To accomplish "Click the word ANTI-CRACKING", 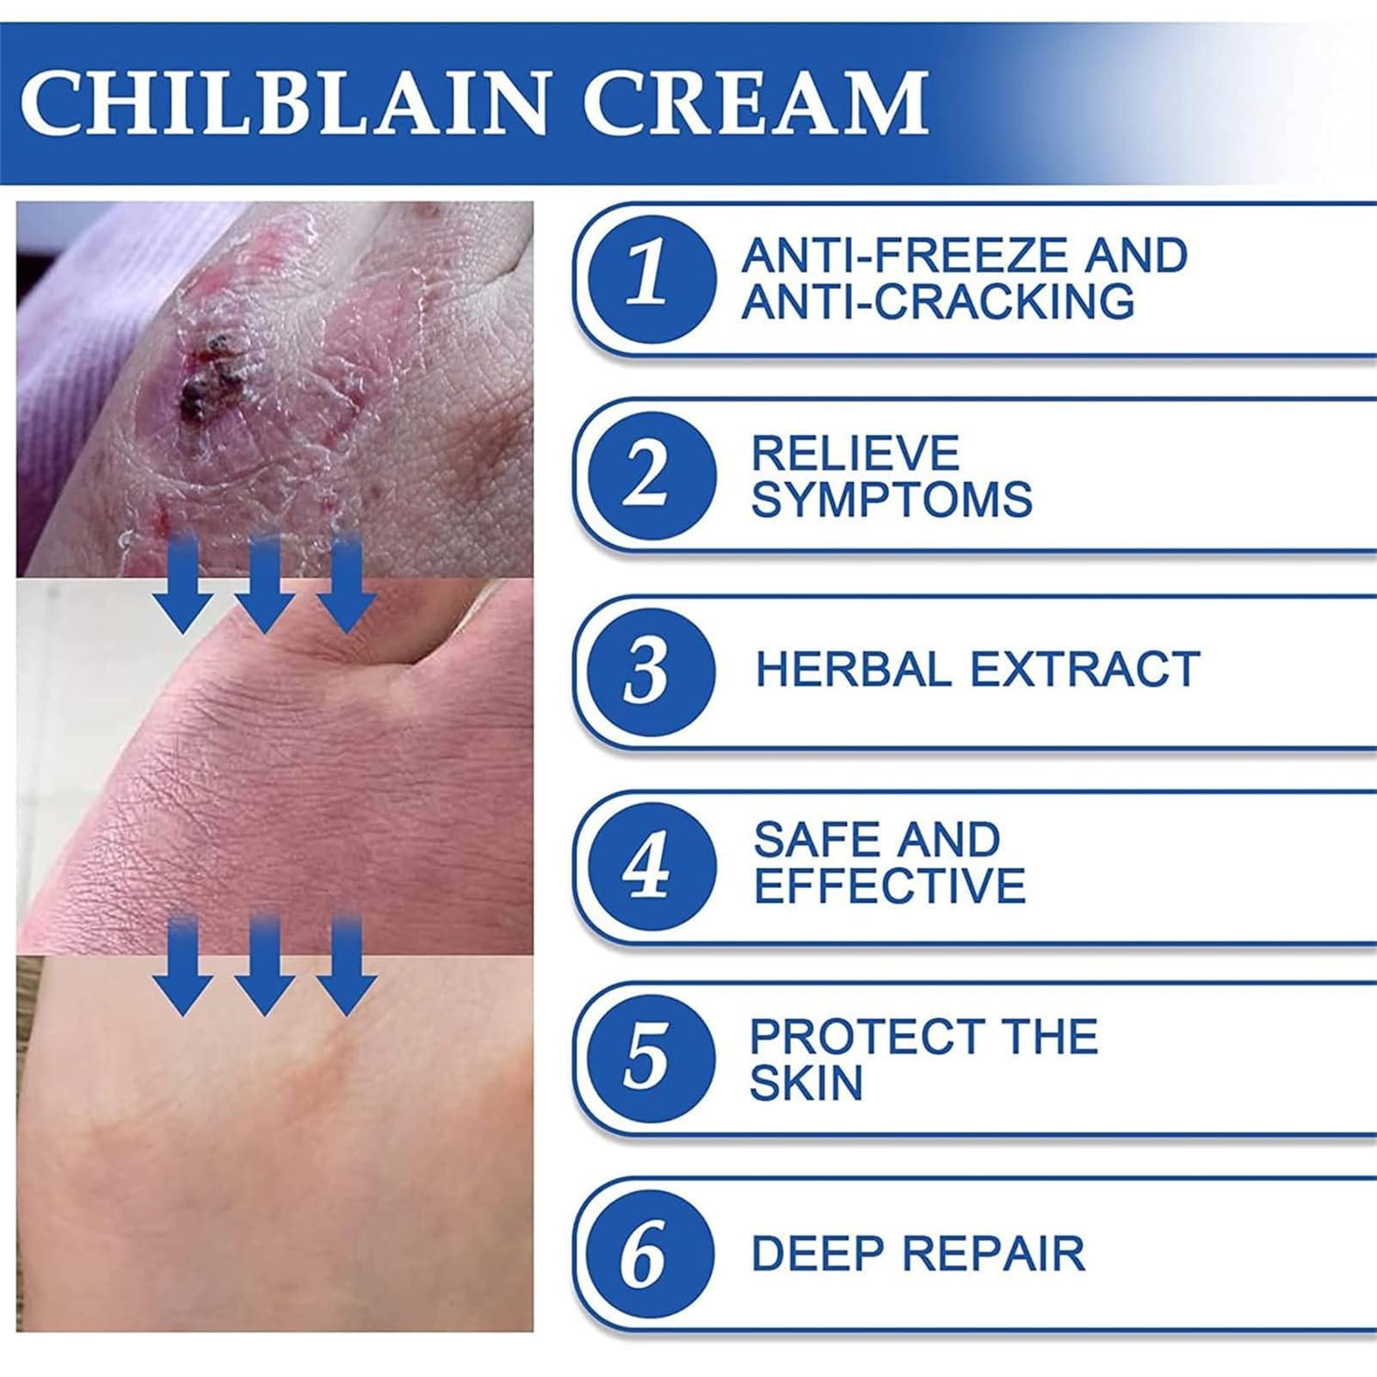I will [938, 301].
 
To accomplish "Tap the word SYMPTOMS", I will [892, 500].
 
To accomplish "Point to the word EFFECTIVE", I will [890, 886].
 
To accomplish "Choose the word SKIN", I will [806, 1083].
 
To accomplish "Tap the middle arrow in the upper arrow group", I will [265, 585].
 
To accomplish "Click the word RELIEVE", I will [855, 454].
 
